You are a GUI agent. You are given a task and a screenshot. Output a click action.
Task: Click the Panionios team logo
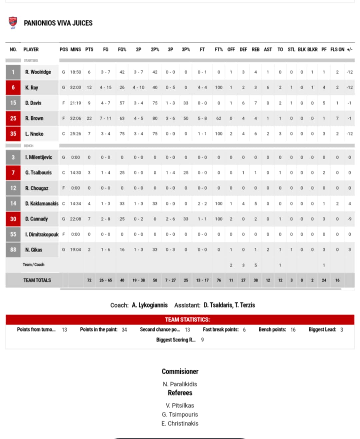13,23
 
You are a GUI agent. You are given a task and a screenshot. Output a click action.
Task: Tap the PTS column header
89,49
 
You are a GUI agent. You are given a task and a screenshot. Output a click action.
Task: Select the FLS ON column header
337,49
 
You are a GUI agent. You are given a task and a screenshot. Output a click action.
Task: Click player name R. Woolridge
38,72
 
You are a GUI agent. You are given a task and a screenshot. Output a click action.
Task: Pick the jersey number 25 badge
13,118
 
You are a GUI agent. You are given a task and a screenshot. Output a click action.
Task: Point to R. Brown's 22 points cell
89,118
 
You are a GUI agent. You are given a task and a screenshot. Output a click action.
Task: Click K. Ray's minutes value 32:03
75,87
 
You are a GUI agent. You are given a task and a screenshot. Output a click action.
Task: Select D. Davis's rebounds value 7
255,103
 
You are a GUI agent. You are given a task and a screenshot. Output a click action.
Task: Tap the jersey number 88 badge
13,249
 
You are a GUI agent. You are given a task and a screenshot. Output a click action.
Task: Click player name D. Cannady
36,219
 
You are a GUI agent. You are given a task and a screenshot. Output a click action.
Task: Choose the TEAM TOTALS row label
37,280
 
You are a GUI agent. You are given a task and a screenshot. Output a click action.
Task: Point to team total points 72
89,280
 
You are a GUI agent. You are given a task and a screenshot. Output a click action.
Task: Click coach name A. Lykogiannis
150,305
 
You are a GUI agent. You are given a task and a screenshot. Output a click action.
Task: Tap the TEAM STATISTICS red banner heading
187,319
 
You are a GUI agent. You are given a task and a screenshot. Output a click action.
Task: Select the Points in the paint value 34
124,330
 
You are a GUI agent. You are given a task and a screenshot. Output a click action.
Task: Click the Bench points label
272,329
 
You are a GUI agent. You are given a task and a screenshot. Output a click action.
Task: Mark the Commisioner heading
180,371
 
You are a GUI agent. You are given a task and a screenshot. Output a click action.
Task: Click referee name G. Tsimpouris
180,414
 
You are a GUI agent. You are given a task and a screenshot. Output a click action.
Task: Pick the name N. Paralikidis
180,384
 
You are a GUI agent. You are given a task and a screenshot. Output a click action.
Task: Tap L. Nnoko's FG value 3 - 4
106,134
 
